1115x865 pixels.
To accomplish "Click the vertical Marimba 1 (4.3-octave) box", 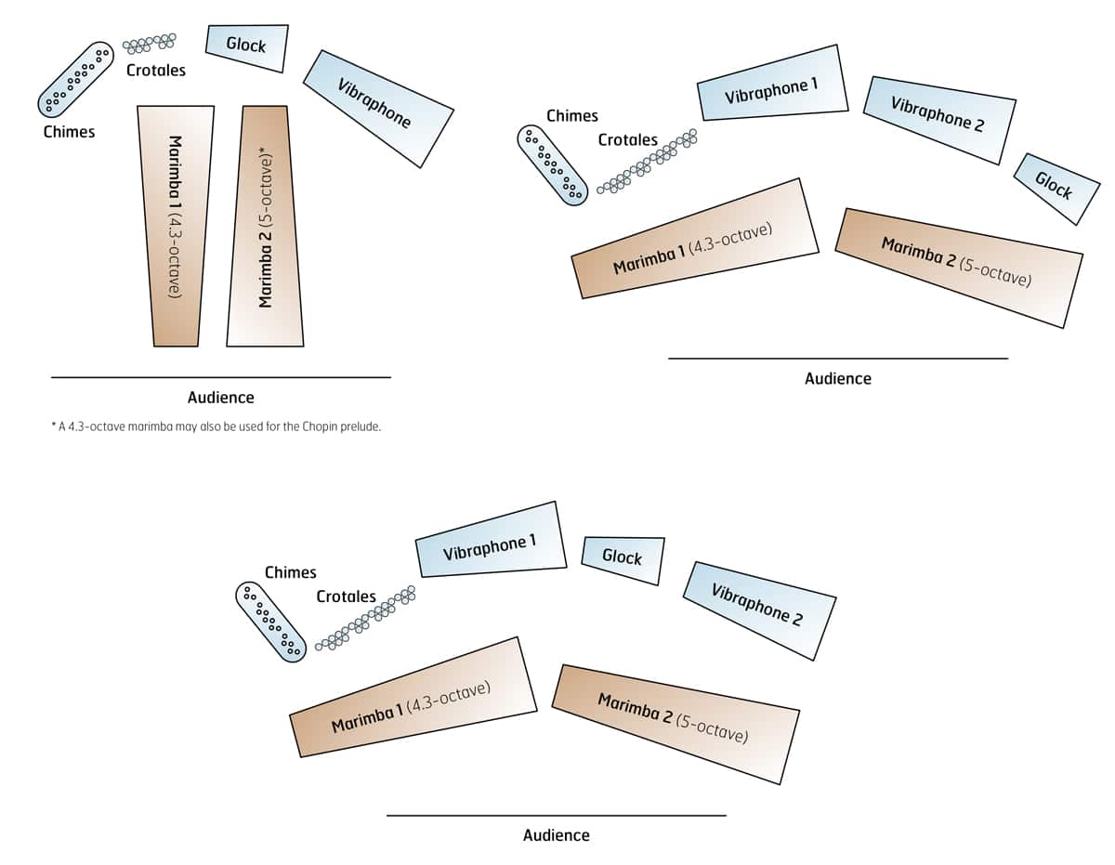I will (176, 226).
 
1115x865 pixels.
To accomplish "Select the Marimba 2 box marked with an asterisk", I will (266, 226).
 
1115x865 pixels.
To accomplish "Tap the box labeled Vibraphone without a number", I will (378, 108).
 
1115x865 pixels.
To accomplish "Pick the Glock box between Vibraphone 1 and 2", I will (623, 559).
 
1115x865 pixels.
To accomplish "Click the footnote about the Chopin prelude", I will (216, 427).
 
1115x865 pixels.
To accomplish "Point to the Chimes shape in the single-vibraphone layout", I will (75, 79).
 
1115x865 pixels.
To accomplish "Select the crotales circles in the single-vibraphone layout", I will (151, 43).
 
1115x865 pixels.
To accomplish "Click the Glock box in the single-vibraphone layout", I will (246, 46).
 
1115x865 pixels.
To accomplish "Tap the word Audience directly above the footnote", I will (220, 398).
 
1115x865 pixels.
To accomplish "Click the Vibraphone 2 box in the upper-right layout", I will (938, 118).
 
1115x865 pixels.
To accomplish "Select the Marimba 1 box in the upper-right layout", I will (694, 239).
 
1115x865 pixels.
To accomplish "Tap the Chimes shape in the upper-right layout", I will (553, 164).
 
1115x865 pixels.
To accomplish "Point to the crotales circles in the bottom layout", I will (365, 617).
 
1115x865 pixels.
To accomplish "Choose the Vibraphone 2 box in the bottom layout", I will (758, 609).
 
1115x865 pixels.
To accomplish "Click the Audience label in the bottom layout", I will (556, 835).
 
